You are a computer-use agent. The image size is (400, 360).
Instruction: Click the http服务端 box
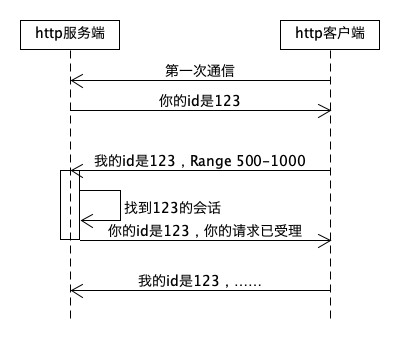pos(70,35)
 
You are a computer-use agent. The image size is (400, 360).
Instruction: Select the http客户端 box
pos(330,35)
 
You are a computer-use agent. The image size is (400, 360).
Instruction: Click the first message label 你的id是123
pos(200,101)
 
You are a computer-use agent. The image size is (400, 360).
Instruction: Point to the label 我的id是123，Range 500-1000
pos(199,160)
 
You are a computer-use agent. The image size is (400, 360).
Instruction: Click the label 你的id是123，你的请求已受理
pos(204,229)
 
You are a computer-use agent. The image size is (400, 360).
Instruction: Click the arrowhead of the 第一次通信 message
pos(75,83)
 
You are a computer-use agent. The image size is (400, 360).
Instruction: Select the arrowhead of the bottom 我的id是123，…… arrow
pos(75,291)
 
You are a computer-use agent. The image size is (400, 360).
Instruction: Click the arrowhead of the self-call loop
pos(84,220)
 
